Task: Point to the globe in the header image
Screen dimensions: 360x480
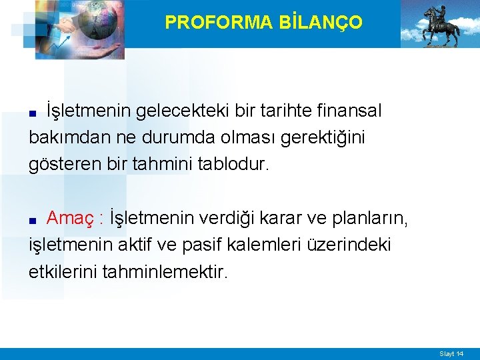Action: (x=99, y=23)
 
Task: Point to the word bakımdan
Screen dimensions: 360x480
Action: (x=63, y=138)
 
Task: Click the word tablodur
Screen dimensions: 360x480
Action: (x=233, y=165)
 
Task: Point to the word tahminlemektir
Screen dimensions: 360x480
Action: (x=166, y=272)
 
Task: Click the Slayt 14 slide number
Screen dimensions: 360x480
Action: (x=451, y=353)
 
